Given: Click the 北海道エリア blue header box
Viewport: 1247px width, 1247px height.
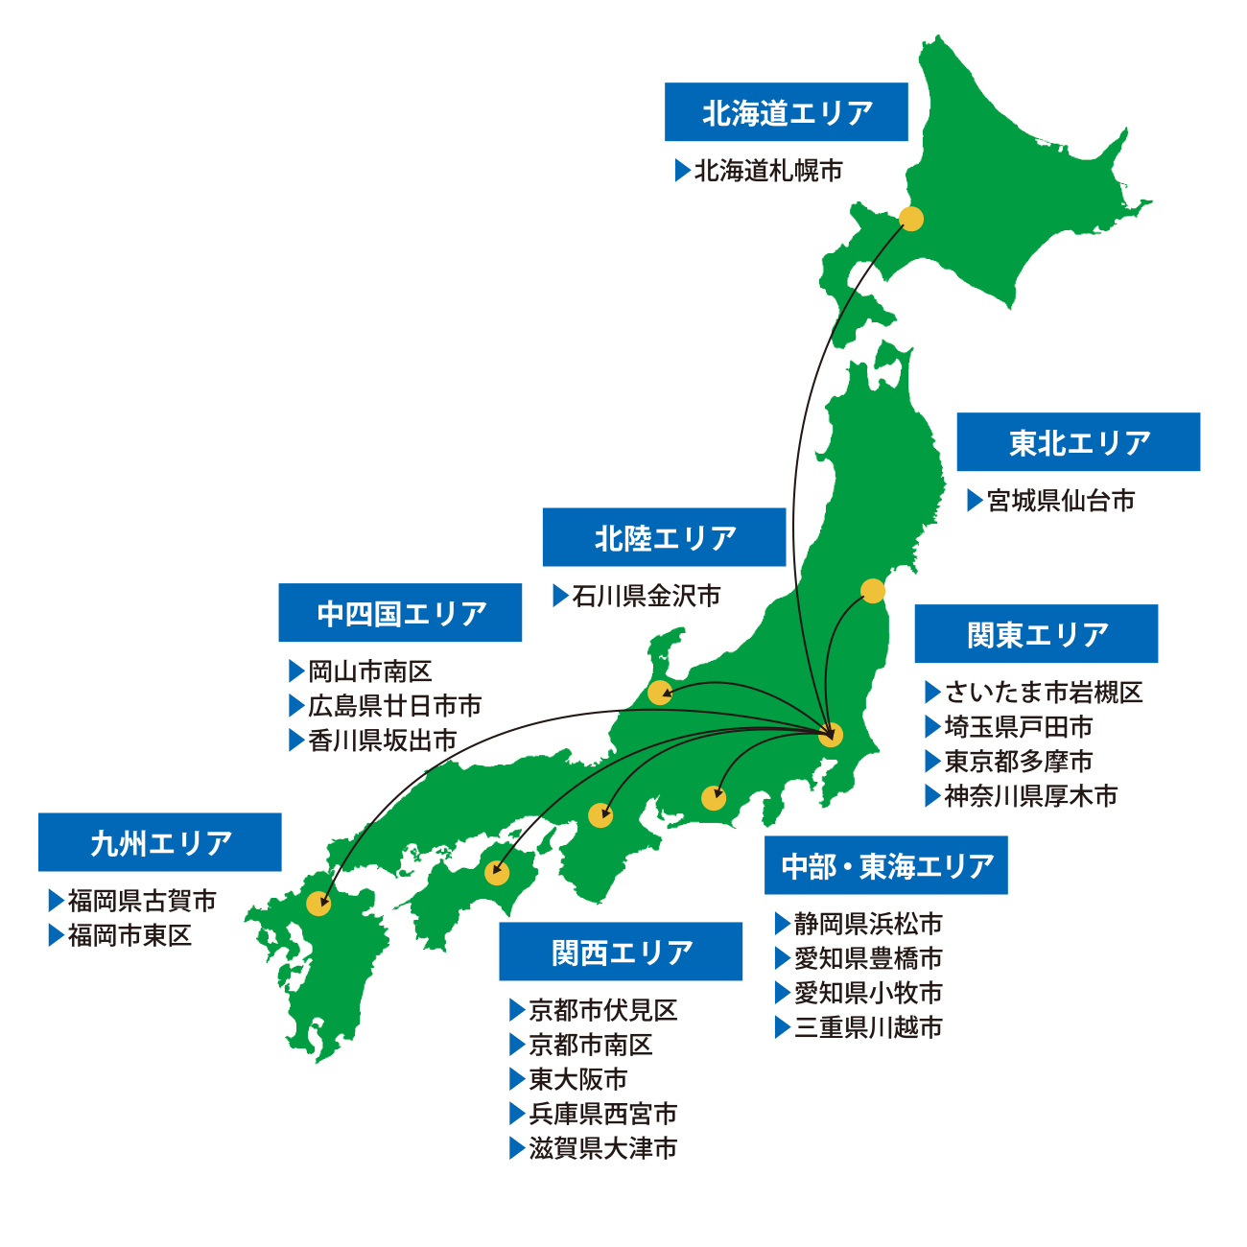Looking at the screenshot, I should [x=787, y=112].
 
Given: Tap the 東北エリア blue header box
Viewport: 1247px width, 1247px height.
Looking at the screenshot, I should [x=1078, y=442].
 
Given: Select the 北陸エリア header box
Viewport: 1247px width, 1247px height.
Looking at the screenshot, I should [x=664, y=537].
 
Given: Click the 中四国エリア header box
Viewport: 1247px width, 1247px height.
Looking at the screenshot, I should [x=400, y=613].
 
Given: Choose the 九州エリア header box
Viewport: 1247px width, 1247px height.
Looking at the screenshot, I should [x=160, y=842].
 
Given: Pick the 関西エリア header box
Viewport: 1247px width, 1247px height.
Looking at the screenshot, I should [x=621, y=952].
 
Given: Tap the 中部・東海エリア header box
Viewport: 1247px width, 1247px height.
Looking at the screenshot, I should [x=886, y=865].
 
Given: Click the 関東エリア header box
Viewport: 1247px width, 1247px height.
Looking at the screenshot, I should [x=1036, y=634].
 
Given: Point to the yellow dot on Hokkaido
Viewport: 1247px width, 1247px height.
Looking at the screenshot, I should [x=911, y=219].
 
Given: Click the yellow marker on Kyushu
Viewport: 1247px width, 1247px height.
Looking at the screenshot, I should [x=318, y=903].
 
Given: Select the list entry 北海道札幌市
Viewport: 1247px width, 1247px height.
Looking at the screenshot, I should [x=767, y=171].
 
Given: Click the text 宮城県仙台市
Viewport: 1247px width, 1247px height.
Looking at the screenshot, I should [x=1060, y=501].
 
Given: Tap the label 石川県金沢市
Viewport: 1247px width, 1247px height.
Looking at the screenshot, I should [x=646, y=597].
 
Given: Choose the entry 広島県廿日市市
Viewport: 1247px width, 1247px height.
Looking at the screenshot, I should [x=394, y=706].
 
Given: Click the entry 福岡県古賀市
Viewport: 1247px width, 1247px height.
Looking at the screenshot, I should [x=142, y=901].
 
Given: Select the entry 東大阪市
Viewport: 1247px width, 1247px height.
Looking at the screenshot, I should [x=577, y=1079].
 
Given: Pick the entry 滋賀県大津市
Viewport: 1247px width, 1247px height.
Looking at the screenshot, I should [x=602, y=1148].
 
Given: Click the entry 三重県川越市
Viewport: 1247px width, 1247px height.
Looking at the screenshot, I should [x=868, y=1027].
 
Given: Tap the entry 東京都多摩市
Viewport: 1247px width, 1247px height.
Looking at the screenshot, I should [x=1018, y=762].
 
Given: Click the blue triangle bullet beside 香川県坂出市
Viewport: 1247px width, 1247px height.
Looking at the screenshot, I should [x=296, y=741].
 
